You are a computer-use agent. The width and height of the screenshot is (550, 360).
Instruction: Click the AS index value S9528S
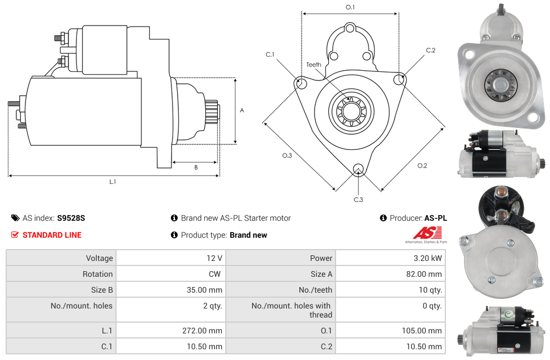[71, 218]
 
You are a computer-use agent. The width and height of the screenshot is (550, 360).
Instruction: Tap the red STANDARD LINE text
[52, 235]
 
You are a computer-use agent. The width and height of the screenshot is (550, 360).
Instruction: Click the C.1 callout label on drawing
[270, 54]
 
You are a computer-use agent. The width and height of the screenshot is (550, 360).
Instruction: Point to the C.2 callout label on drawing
[431, 50]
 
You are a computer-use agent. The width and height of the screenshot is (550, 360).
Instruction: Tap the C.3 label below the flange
[358, 199]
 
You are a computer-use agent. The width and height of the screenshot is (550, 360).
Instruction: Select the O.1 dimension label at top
[350, 7]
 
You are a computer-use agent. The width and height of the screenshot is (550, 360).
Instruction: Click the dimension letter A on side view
[242, 110]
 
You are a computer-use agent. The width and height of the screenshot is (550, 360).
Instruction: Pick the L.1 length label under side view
[113, 182]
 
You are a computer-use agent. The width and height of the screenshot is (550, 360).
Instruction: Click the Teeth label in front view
[313, 65]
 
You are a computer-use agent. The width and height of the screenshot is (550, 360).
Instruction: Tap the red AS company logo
[426, 233]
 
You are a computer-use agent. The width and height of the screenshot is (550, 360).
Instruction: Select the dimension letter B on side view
[195, 167]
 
